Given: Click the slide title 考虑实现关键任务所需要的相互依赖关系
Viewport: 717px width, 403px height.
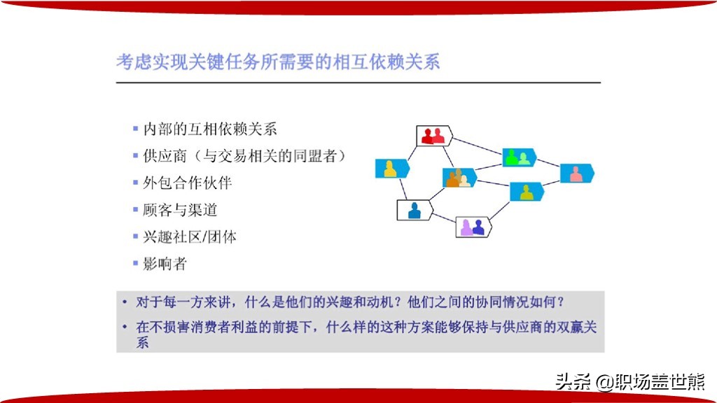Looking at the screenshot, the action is tap(278, 62).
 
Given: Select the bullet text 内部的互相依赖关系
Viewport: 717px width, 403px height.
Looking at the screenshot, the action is tap(210, 129).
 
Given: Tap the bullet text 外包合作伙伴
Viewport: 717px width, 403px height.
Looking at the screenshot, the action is tap(188, 183).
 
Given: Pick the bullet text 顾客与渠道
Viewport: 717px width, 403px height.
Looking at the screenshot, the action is tap(180, 210).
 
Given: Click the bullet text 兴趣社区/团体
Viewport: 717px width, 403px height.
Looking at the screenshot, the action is tap(190, 236).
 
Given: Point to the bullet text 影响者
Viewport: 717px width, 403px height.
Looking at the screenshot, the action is tap(165, 264).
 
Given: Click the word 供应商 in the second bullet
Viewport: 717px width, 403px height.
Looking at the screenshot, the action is tap(165, 156).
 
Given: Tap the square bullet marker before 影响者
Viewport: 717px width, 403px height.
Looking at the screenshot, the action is tap(135, 263).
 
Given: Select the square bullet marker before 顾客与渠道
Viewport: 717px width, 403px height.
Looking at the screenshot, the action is tap(135, 209).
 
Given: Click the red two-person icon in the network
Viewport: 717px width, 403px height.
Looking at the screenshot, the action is tap(434, 136).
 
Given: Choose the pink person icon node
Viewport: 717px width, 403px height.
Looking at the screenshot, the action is tap(577, 174).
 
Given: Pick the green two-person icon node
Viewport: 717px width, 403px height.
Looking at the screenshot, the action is tap(519, 157).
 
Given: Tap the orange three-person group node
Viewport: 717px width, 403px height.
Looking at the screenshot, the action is tap(459, 178).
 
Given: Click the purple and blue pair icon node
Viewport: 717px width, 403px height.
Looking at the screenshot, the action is tap(473, 227).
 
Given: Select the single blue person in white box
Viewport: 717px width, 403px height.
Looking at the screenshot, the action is tap(415, 210).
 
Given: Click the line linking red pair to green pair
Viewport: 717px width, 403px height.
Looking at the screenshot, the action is tap(478, 147).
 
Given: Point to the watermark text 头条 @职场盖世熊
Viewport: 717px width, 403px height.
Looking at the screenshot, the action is tap(630, 382).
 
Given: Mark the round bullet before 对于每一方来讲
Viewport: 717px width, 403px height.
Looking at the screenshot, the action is tap(125, 302).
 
